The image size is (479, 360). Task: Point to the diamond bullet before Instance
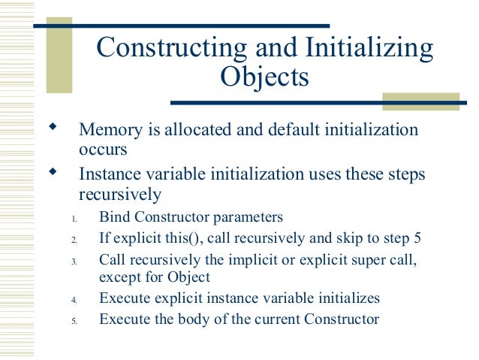pos(53,171)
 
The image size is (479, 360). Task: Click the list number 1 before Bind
pos(74,219)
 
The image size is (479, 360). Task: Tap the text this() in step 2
pos(173,239)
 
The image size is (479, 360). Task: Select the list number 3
pos(74,261)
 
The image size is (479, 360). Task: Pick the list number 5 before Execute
pos(74,320)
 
